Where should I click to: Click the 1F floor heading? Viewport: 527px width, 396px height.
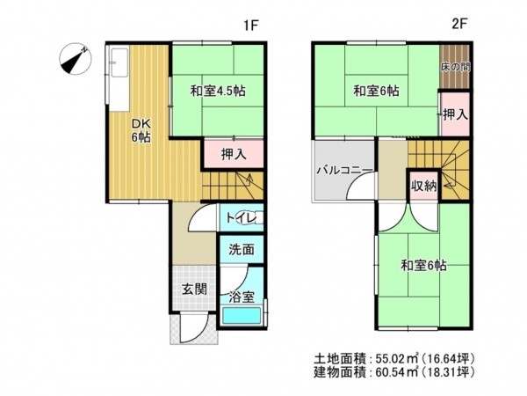pyautogui.click(x=251, y=26)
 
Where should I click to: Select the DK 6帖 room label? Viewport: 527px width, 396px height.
pyautogui.click(x=141, y=129)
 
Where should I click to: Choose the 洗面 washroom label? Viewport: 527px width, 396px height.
pyautogui.click(x=242, y=249)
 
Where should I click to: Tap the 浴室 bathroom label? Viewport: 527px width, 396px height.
pyautogui.click(x=241, y=297)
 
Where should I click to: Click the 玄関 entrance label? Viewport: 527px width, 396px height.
pyautogui.click(x=193, y=288)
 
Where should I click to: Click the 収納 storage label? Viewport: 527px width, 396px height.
pyautogui.click(x=423, y=187)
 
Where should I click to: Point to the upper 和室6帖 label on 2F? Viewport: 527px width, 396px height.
pyautogui.click(x=377, y=91)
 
